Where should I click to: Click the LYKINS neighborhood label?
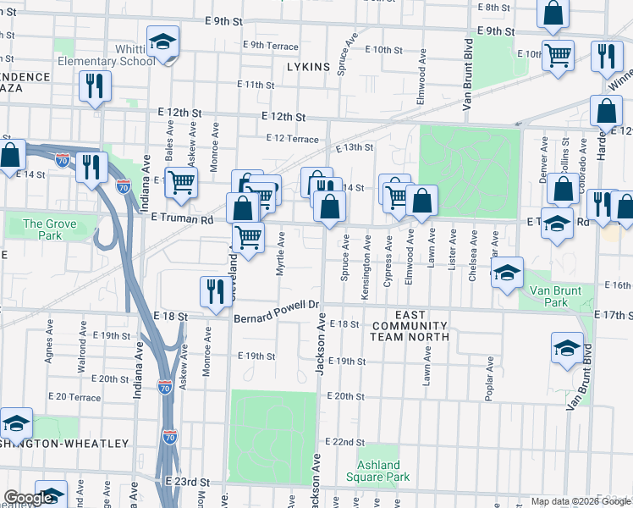click(307, 66)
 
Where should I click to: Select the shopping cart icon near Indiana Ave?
click(181, 181)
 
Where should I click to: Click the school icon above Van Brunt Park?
click(507, 274)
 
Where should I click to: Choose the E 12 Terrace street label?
click(292, 139)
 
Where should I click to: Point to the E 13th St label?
click(354, 147)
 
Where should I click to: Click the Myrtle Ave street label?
click(280, 255)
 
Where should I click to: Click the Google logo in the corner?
click(29, 498)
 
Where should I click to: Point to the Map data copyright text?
click(581, 501)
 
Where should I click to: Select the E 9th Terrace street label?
click(270, 44)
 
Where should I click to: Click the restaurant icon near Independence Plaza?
click(94, 86)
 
